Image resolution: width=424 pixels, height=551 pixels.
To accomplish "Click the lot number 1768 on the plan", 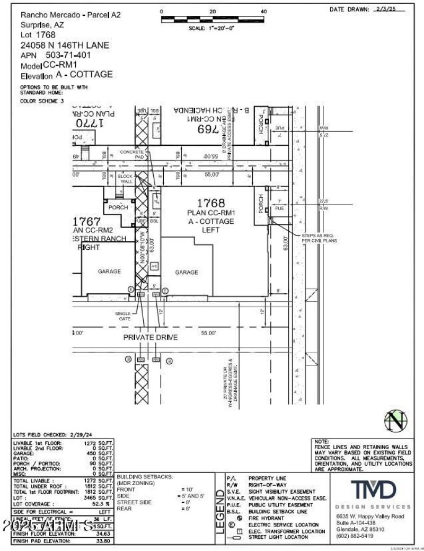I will [211, 203].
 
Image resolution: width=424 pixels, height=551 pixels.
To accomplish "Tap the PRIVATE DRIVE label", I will [151, 337].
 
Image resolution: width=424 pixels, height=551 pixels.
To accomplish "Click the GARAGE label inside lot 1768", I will [187, 272].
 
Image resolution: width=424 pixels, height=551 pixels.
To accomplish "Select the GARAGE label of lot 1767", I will [110, 271].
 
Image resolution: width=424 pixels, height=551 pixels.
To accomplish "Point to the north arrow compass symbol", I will [396, 421].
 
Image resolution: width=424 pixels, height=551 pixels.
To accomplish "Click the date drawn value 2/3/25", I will [396, 9].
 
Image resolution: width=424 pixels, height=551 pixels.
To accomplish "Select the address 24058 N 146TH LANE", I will [65, 45].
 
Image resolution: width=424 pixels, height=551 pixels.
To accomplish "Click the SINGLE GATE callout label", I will [122, 316].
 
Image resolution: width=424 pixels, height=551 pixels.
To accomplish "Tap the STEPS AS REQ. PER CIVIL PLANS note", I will [319, 238].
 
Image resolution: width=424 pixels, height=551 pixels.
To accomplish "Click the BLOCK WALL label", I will [126, 179].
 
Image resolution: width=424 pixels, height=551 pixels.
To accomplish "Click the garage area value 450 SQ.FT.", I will [99, 454].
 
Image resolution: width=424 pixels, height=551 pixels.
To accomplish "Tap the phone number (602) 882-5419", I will [355, 536].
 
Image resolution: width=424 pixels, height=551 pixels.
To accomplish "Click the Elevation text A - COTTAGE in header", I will [84, 75].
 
